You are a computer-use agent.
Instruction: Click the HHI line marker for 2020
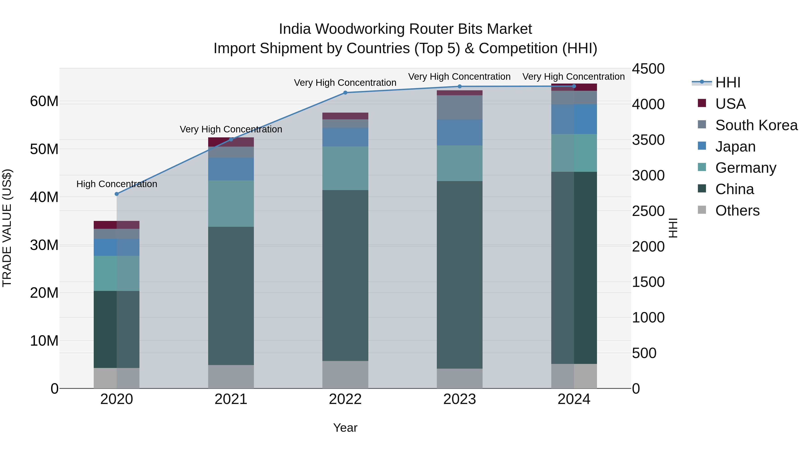point(116,194)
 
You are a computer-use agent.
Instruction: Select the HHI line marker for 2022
point(345,93)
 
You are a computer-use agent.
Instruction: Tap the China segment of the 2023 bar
point(459,275)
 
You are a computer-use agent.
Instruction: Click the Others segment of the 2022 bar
point(345,374)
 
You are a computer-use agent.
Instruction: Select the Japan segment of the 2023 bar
point(459,132)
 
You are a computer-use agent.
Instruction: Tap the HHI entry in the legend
point(727,82)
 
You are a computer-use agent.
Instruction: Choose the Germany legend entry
point(745,168)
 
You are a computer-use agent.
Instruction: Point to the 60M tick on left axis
point(44,101)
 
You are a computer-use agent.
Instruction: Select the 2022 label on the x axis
point(345,399)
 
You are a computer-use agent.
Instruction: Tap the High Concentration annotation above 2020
point(116,184)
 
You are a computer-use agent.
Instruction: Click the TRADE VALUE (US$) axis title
point(7,228)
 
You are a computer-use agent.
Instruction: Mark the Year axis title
point(345,428)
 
